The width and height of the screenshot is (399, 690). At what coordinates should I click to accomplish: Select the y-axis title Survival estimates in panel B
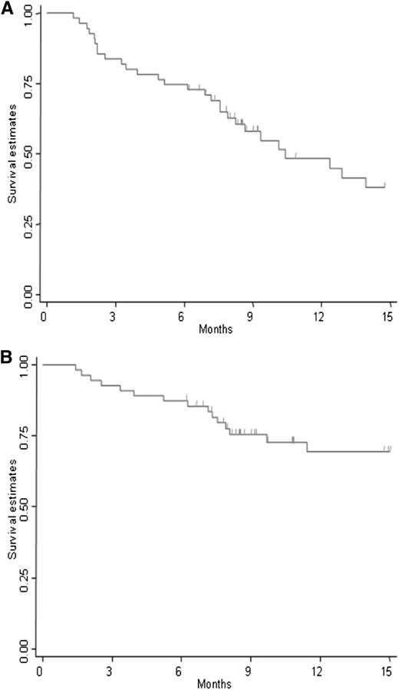[12, 506]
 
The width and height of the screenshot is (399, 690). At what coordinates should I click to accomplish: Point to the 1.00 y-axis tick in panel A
[28, 13]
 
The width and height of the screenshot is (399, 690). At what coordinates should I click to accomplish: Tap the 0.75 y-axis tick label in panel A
[28, 83]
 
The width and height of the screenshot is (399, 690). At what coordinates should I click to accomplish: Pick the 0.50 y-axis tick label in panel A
[28, 154]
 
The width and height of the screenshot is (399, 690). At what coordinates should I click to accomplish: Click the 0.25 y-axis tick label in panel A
[28, 223]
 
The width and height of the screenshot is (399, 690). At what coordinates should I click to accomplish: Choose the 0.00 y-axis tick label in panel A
[28, 294]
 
